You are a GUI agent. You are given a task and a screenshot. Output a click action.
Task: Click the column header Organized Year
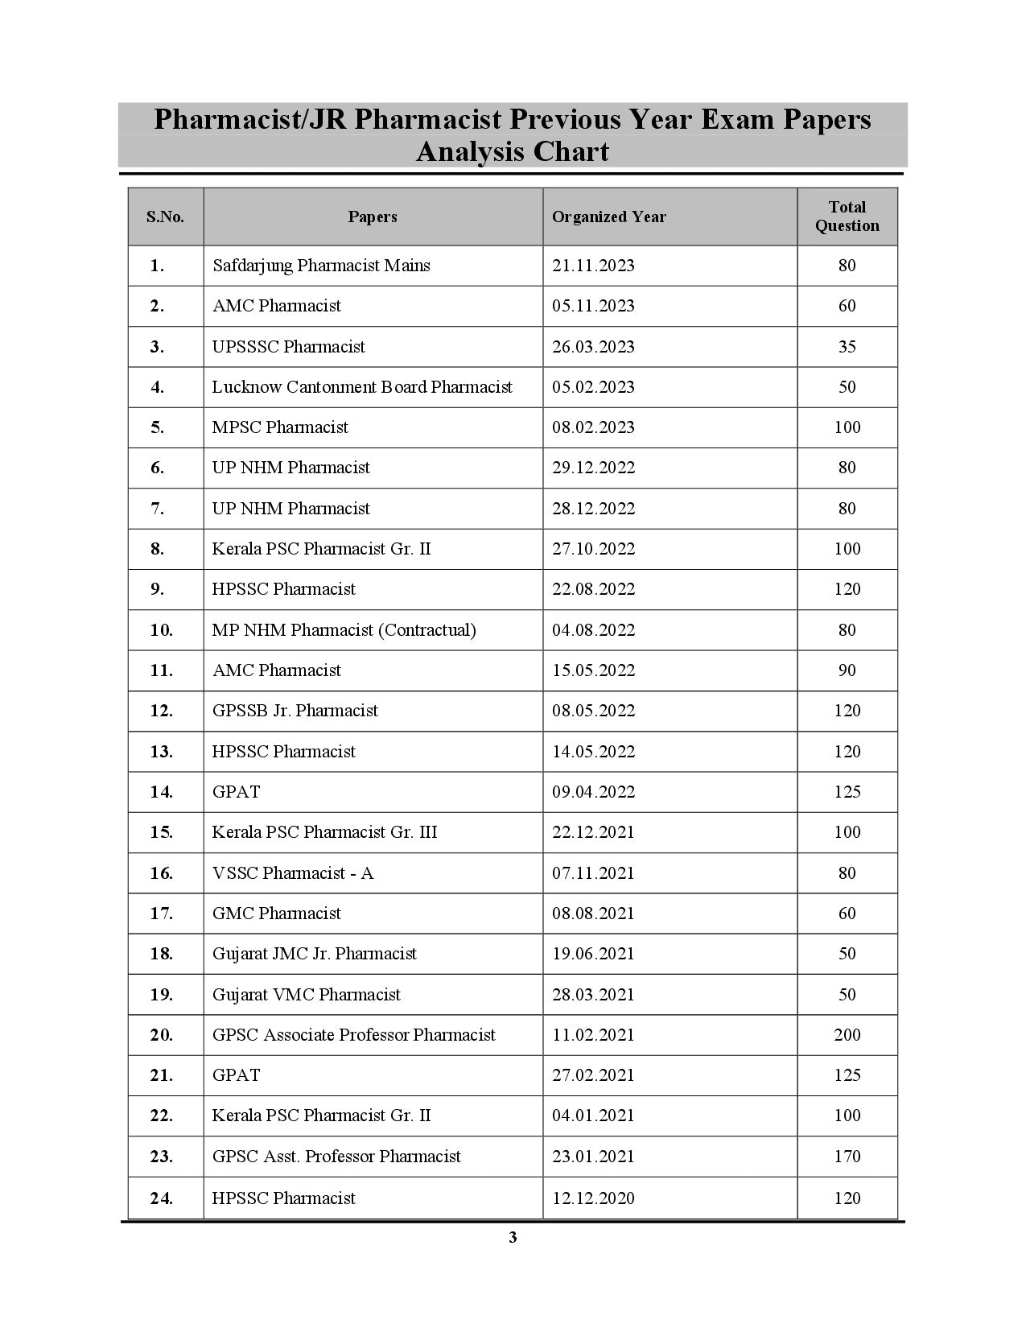click(x=609, y=217)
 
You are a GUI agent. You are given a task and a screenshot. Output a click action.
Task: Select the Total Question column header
click(x=847, y=217)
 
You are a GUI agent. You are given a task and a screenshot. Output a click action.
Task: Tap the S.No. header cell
click(x=165, y=217)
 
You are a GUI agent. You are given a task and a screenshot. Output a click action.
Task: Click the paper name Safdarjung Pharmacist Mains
click(x=321, y=266)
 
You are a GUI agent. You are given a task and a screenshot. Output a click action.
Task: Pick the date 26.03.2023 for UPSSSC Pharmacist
click(x=593, y=347)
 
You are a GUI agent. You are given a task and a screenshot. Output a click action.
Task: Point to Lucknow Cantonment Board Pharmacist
click(x=362, y=387)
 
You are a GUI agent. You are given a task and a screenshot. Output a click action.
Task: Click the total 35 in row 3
click(x=847, y=347)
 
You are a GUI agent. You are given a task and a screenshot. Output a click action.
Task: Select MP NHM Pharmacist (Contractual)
click(x=344, y=630)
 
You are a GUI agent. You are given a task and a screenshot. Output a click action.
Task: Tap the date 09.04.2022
click(x=593, y=792)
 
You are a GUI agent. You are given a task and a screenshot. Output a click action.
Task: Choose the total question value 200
click(x=847, y=1035)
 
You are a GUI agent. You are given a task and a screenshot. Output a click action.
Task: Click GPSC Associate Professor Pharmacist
click(x=354, y=1035)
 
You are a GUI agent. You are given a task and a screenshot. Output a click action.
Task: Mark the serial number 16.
click(x=162, y=873)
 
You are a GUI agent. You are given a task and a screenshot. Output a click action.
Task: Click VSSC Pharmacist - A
click(x=293, y=873)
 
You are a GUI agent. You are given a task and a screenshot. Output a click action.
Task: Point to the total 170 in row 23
click(x=847, y=1157)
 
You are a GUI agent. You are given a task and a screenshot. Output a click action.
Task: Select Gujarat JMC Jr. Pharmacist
click(x=315, y=954)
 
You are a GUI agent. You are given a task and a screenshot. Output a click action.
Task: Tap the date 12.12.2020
click(x=593, y=1198)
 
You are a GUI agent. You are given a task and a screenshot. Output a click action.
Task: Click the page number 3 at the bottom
click(x=513, y=1238)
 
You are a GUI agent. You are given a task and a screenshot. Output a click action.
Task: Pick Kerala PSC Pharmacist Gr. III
click(x=324, y=832)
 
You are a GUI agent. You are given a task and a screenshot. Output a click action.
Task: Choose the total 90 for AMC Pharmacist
click(x=847, y=670)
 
